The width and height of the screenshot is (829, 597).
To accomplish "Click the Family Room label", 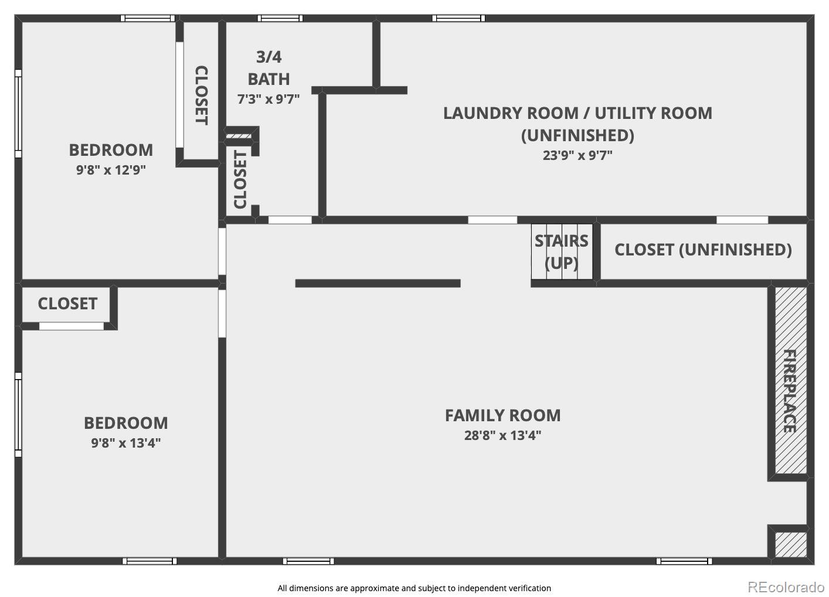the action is click(502, 415).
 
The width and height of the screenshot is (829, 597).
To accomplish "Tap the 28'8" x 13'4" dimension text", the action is click(502, 435).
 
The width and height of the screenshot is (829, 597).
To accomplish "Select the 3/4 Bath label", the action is click(269, 68).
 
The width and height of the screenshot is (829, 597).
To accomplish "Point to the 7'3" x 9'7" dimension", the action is click(269, 99).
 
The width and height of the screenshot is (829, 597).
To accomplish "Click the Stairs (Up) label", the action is click(562, 252).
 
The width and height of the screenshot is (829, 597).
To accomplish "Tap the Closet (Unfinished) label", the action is click(703, 250).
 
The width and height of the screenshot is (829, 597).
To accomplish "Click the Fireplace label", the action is click(790, 391).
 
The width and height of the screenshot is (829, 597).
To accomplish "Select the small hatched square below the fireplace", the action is click(791, 544).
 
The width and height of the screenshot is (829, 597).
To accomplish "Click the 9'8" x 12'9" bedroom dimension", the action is click(111, 170).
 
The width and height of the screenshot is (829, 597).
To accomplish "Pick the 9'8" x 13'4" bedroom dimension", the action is click(126, 443).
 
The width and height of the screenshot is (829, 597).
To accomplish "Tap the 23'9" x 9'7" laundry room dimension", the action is click(577, 155).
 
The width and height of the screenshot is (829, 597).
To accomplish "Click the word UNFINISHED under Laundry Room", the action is click(577, 135).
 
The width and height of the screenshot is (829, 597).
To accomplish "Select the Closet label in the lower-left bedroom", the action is click(67, 303).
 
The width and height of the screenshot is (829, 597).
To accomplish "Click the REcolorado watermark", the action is click(786, 587).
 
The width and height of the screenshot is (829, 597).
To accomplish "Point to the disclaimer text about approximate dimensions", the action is click(414, 588).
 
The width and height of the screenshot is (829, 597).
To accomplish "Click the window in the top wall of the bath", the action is click(280, 18).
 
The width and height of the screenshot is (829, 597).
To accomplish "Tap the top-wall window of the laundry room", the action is click(458, 18).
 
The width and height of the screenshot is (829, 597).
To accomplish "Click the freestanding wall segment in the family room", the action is click(378, 284).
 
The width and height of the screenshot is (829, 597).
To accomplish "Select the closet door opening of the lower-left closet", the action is click(72, 326).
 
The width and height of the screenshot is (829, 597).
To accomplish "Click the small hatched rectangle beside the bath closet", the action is click(239, 136).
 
